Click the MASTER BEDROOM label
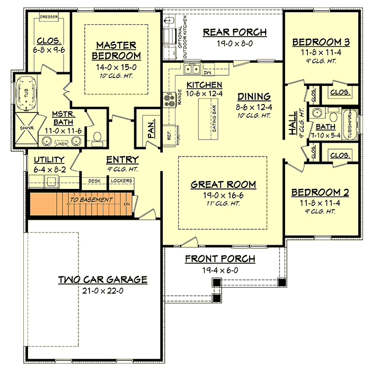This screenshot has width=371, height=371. (116, 50)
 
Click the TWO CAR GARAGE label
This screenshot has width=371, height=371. (102, 280)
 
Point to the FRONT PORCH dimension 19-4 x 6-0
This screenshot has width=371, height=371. (219, 270)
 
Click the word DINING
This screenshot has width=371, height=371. (254, 97)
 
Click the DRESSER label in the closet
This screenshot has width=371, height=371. (49, 16)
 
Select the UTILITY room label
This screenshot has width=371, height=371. (49, 159)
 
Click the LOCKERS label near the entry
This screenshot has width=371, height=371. (121, 181)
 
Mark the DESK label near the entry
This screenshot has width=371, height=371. (94, 181)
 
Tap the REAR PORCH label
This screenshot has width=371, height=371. (235, 32)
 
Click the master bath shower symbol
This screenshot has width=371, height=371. (24, 128)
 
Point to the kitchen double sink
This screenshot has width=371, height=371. (191, 68)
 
